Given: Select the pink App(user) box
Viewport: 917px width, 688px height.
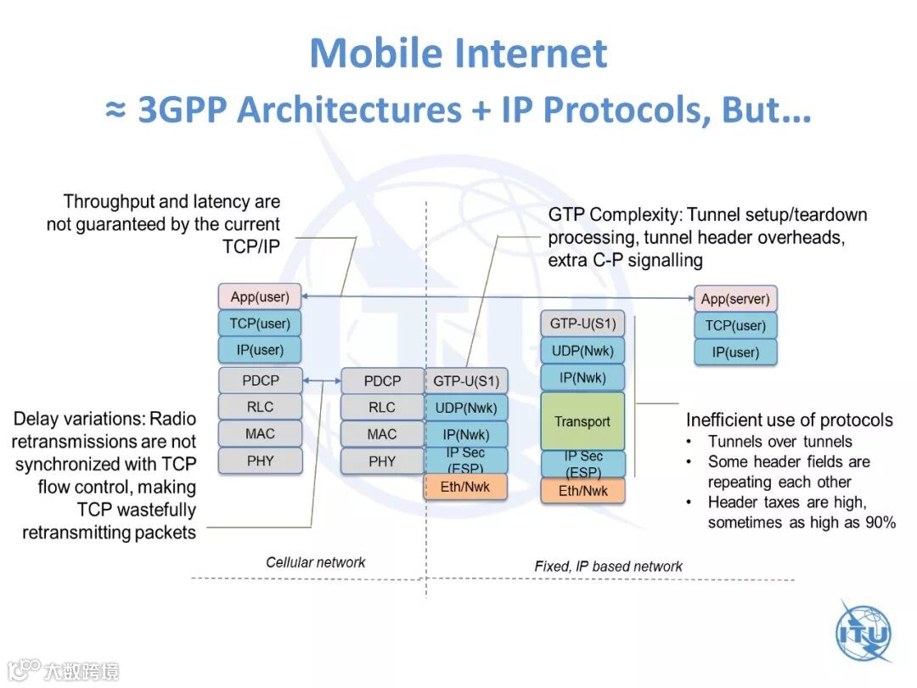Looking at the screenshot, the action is (260, 297).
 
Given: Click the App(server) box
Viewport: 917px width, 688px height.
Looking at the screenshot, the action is (735, 299).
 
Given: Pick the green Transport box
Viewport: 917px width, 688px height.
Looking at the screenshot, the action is (582, 421).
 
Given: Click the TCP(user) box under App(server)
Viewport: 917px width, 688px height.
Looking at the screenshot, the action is (735, 325).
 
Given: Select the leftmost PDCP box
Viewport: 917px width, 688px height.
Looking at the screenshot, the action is (260, 381).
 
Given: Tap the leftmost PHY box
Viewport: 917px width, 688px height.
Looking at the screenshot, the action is (260, 461).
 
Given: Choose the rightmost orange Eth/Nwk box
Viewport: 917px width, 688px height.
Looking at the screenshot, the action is (582, 491).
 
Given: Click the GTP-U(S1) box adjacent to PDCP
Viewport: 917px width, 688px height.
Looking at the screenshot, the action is (466, 381).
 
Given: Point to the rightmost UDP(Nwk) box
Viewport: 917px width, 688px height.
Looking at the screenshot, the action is (582, 350).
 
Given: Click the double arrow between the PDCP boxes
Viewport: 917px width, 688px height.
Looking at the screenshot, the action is (322, 381).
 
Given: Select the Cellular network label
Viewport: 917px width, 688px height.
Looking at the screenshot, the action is (315, 562).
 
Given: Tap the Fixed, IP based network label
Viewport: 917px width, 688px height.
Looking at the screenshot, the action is (608, 566).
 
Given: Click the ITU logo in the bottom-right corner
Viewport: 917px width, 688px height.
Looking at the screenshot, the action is (864, 633).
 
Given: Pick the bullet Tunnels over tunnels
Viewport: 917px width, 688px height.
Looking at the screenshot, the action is (779, 442).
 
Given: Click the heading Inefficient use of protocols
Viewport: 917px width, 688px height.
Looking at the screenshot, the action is (789, 420).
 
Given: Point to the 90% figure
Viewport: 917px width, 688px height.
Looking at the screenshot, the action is (879, 522).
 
